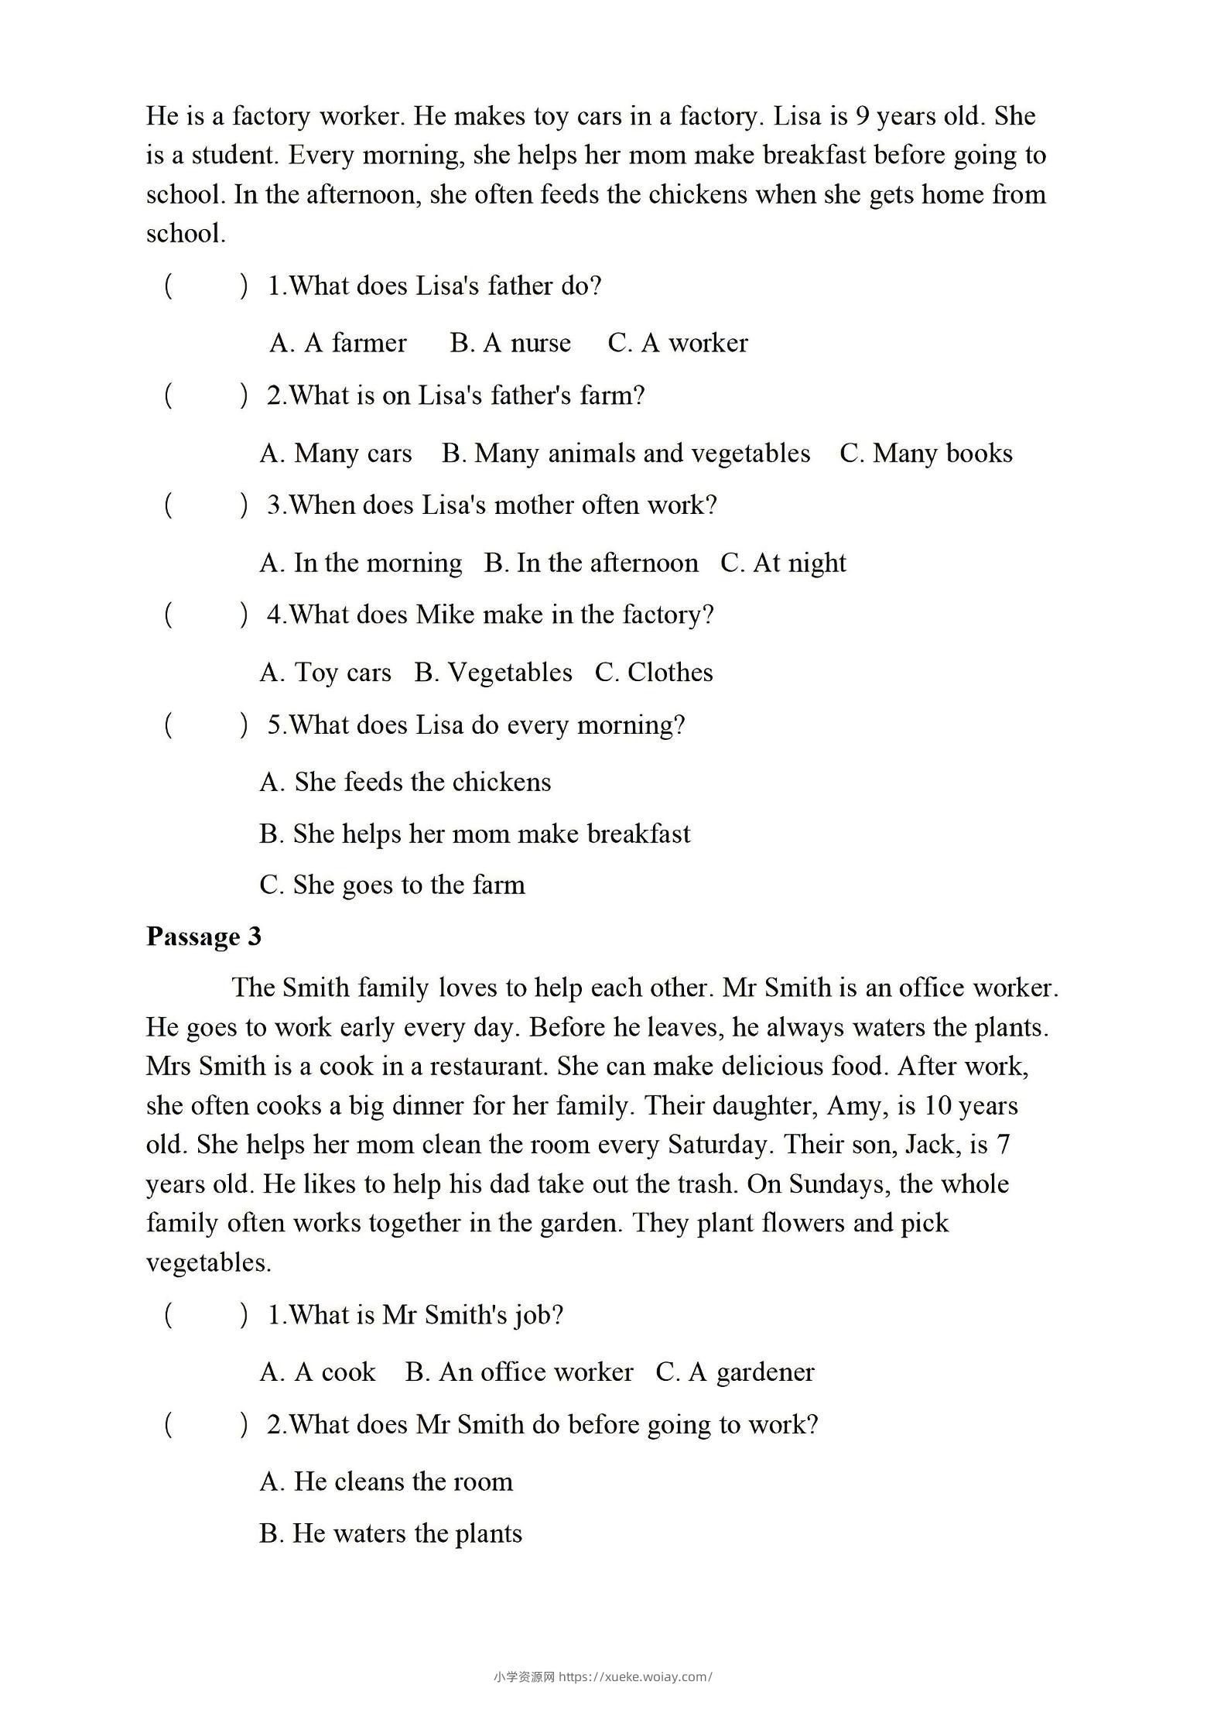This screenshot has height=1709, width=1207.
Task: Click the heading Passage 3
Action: point(203,937)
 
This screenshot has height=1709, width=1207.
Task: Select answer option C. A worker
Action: point(678,343)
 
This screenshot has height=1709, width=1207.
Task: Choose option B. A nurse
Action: point(511,343)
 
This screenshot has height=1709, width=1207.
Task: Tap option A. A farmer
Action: point(338,343)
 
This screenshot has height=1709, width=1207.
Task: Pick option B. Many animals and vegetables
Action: point(626,454)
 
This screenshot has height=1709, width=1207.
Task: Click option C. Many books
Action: point(926,454)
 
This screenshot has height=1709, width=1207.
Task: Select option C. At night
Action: point(783,563)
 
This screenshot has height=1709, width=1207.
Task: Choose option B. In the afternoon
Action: point(591,563)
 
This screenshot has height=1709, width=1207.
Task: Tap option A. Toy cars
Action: point(326,673)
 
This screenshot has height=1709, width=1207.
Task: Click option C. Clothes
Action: point(654,673)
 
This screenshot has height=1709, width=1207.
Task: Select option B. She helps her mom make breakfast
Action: point(475,834)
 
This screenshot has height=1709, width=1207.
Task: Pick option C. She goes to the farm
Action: point(392,885)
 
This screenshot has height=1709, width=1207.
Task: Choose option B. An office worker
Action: point(519,1372)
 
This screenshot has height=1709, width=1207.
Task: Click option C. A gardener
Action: point(735,1372)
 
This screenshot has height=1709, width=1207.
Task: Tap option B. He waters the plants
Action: point(391,1534)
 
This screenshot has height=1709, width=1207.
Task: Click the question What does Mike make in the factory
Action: point(490,615)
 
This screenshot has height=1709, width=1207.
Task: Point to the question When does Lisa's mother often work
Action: point(492,505)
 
